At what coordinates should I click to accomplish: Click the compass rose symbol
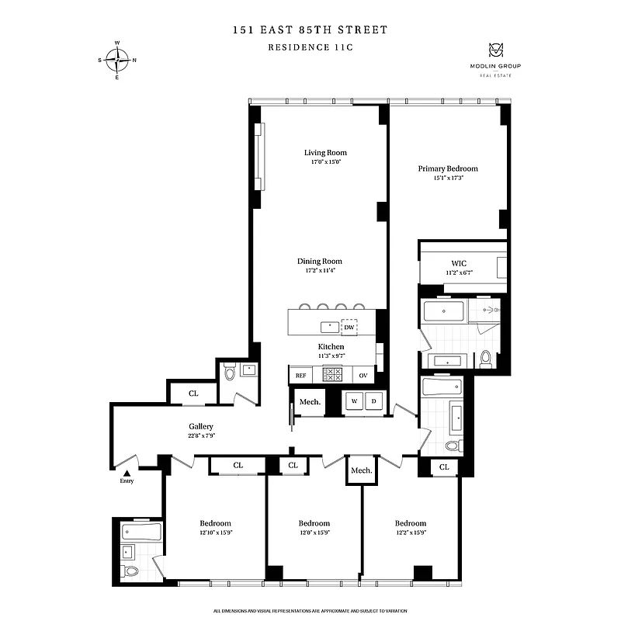pos(117,59)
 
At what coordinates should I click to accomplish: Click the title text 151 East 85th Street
pos(310,30)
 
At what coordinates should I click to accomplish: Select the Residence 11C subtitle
pos(310,47)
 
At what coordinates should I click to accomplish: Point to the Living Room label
pos(325,152)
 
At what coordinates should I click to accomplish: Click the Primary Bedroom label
pos(448,168)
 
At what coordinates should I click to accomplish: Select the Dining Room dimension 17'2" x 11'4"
pos(319,272)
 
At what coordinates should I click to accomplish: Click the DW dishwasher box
pos(349,327)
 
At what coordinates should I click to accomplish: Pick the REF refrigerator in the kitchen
pos(300,375)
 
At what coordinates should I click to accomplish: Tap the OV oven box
pos(363,375)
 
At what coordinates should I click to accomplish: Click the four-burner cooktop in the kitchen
pos(332,374)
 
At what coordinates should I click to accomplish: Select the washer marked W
pos(355,401)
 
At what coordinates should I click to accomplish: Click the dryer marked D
pos(373,401)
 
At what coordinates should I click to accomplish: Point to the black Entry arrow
pos(127,472)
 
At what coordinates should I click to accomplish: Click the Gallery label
pos(201,426)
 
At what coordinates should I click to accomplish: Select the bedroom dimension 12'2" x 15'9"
pos(410,533)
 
